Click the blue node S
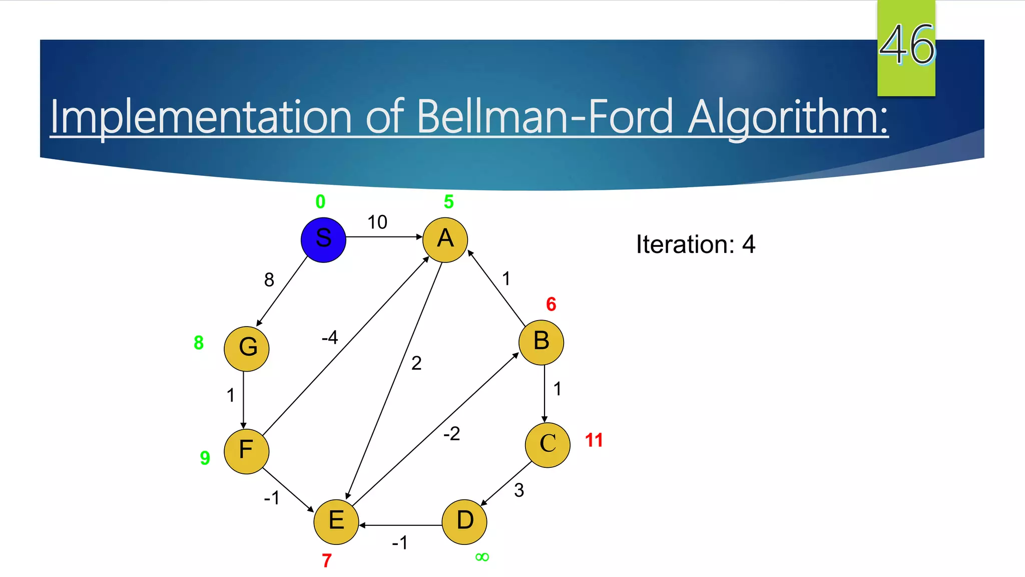323,240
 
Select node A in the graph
445,240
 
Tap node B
541,343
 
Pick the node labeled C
548,445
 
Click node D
464,522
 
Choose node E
336,522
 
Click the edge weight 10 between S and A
377,222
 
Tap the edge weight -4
330,338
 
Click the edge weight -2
451,434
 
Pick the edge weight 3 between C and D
519,490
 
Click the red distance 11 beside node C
594,440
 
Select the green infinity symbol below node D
482,557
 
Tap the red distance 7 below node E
327,560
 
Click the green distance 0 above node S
320,202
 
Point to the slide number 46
906,45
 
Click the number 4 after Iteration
748,244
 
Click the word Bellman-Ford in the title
545,117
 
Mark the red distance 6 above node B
551,304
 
